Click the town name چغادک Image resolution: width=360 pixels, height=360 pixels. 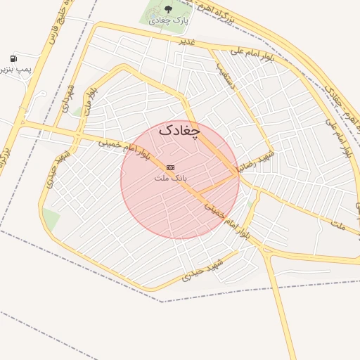point(179,130)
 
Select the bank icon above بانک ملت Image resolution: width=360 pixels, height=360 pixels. point(170,167)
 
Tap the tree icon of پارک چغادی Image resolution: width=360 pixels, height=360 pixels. point(168,8)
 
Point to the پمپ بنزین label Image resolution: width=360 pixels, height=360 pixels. point(14,70)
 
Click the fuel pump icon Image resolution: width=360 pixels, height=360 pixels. point(13,58)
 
